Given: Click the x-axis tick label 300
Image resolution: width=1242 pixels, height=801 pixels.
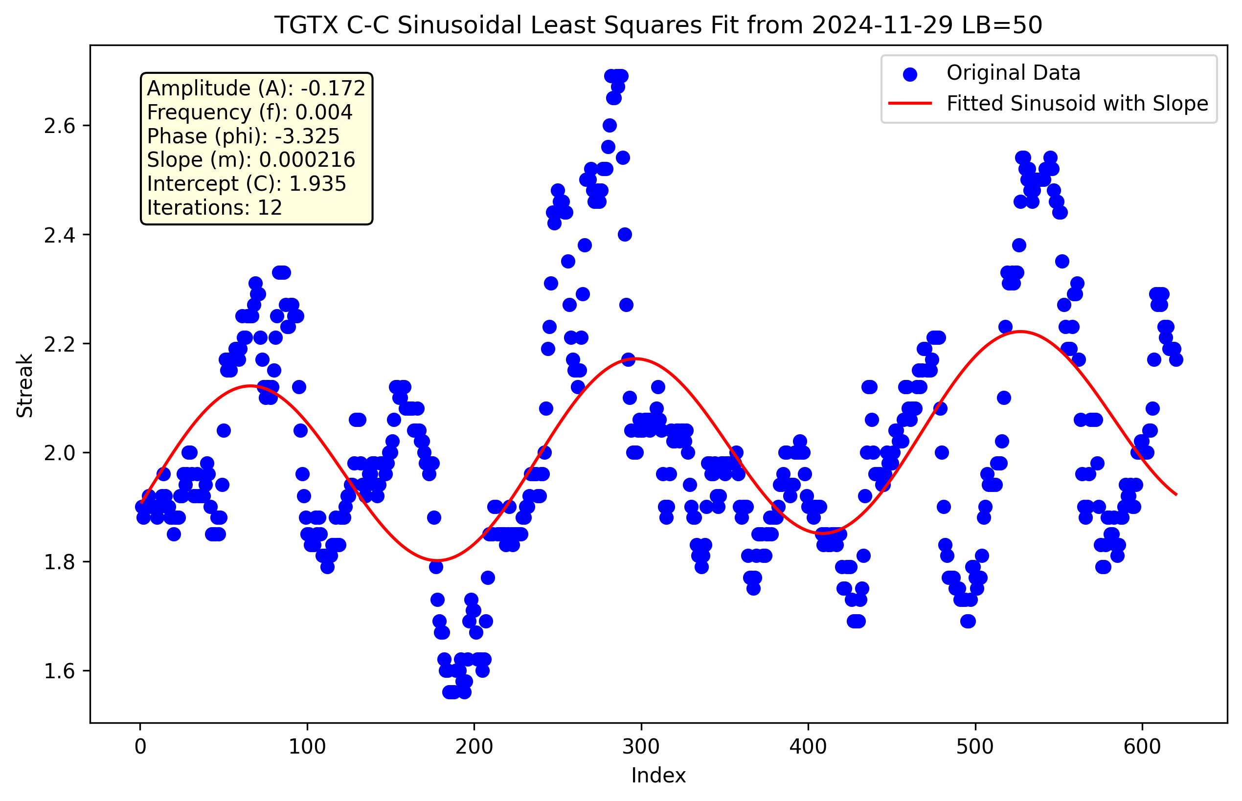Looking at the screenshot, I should tap(641, 747).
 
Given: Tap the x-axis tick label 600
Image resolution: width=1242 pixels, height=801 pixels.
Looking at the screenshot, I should tap(1142, 747).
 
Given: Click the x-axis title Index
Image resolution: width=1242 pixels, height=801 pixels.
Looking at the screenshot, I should tap(658, 776).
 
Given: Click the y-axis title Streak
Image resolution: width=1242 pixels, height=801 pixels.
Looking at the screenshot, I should tap(25, 385).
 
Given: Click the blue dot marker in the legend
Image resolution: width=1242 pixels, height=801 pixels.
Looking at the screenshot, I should tap(909, 74).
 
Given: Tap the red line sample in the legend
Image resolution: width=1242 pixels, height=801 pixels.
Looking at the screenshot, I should tap(909, 104).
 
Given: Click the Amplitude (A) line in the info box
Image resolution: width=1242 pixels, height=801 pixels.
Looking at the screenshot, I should tap(256, 89).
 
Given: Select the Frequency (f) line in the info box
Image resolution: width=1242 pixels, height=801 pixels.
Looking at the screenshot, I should tap(250, 112).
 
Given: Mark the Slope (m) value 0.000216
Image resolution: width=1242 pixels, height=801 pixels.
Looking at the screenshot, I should tap(307, 160).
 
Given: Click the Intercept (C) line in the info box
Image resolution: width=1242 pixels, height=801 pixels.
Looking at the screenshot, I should tap(247, 183).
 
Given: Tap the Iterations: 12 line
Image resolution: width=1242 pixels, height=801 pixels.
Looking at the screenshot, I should tap(214, 207).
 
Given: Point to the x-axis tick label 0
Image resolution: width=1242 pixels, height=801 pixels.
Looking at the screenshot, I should tap(140, 747).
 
